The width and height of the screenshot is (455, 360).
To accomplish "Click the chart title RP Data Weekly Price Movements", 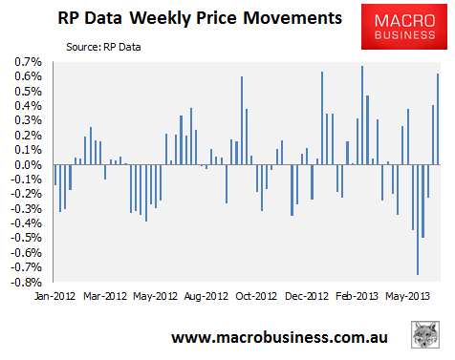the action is pyautogui.click(x=200, y=18).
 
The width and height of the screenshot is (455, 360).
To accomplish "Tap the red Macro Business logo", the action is pyautogui.click(x=404, y=27).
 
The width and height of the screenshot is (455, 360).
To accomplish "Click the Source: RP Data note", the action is pyautogui.click(x=103, y=47).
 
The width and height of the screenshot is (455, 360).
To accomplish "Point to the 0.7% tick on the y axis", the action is pyautogui.click(x=28, y=62).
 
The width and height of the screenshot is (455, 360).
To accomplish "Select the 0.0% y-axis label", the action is pyautogui.click(x=28, y=165).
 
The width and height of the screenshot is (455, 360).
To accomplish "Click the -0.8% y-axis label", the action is pyautogui.click(x=26, y=283).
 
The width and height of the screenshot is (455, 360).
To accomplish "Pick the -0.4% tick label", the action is pyautogui.click(x=26, y=223).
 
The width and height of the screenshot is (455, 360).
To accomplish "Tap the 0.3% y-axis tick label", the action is pyautogui.click(x=28, y=120).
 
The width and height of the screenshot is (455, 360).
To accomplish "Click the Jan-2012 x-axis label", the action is pyautogui.click(x=54, y=296).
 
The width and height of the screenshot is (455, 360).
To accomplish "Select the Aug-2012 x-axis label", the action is pyautogui.click(x=206, y=296).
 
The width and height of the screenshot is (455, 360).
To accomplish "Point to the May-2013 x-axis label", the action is pyautogui.click(x=407, y=296).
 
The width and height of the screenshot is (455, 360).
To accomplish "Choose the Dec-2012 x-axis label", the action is pyautogui.click(x=307, y=296).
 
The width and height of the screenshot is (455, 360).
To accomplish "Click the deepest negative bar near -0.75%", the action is pyautogui.click(x=418, y=220).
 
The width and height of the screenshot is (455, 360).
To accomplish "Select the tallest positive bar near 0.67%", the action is pyautogui.click(x=362, y=116).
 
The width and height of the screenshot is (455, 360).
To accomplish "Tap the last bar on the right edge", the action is pyautogui.click(x=438, y=119).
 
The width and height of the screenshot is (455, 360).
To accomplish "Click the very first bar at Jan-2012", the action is pyautogui.click(x=55, y=175).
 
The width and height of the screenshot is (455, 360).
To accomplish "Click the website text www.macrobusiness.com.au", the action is pyautogui.click(x=279, y=337).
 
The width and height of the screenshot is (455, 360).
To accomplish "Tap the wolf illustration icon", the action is pyautogui.click(x=425, y=334).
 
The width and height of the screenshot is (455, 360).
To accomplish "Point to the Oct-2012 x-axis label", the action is pyautogui.click(x=256, y=296).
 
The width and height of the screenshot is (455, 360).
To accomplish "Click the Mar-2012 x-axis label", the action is pyautogui.click(x=105, y=296).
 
